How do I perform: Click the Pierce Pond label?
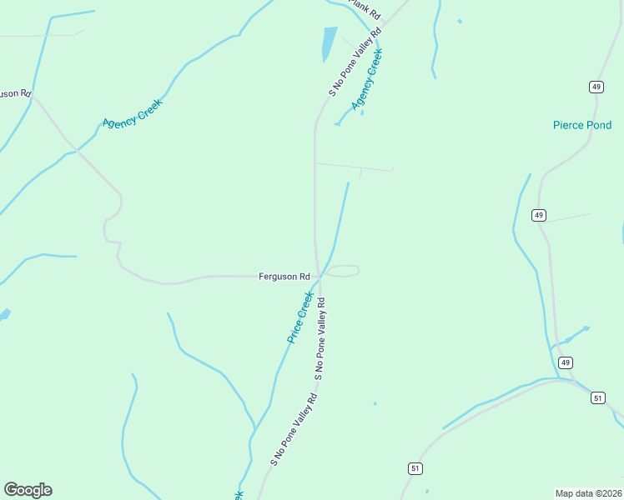pyautogui.click(x=581, y=125)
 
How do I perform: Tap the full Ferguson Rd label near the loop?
pyautogui.click(x=284, y=276)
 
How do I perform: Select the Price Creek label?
pyautogui.click(x=299, y=317)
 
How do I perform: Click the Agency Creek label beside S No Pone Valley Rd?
pyautogui.click(x=366, y=79)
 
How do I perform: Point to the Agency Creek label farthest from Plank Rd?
pyautogui.click(x=132, y=112)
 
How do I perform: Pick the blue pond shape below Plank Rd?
pyautogui.click(x=330, y=44)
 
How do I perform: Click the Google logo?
pyautogui.click(x=28, y=490)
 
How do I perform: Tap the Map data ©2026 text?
pyautogui.click(x=588, y=492)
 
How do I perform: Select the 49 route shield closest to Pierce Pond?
pyautogui.click(x=596, y=87)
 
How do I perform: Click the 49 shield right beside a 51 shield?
pyautogui.click(x=566, y=362)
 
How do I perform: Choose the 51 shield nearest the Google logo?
pyautogui.click(x=415, y=468)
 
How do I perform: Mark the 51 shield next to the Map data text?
pyautogui.click(x=597, y=398)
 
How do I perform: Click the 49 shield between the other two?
pyautogui.click(x=539, y=215)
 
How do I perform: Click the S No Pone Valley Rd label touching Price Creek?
pyautogui.click(x=319, y=338)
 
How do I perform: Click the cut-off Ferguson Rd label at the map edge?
pyautogui.click(x=14, y=92)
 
